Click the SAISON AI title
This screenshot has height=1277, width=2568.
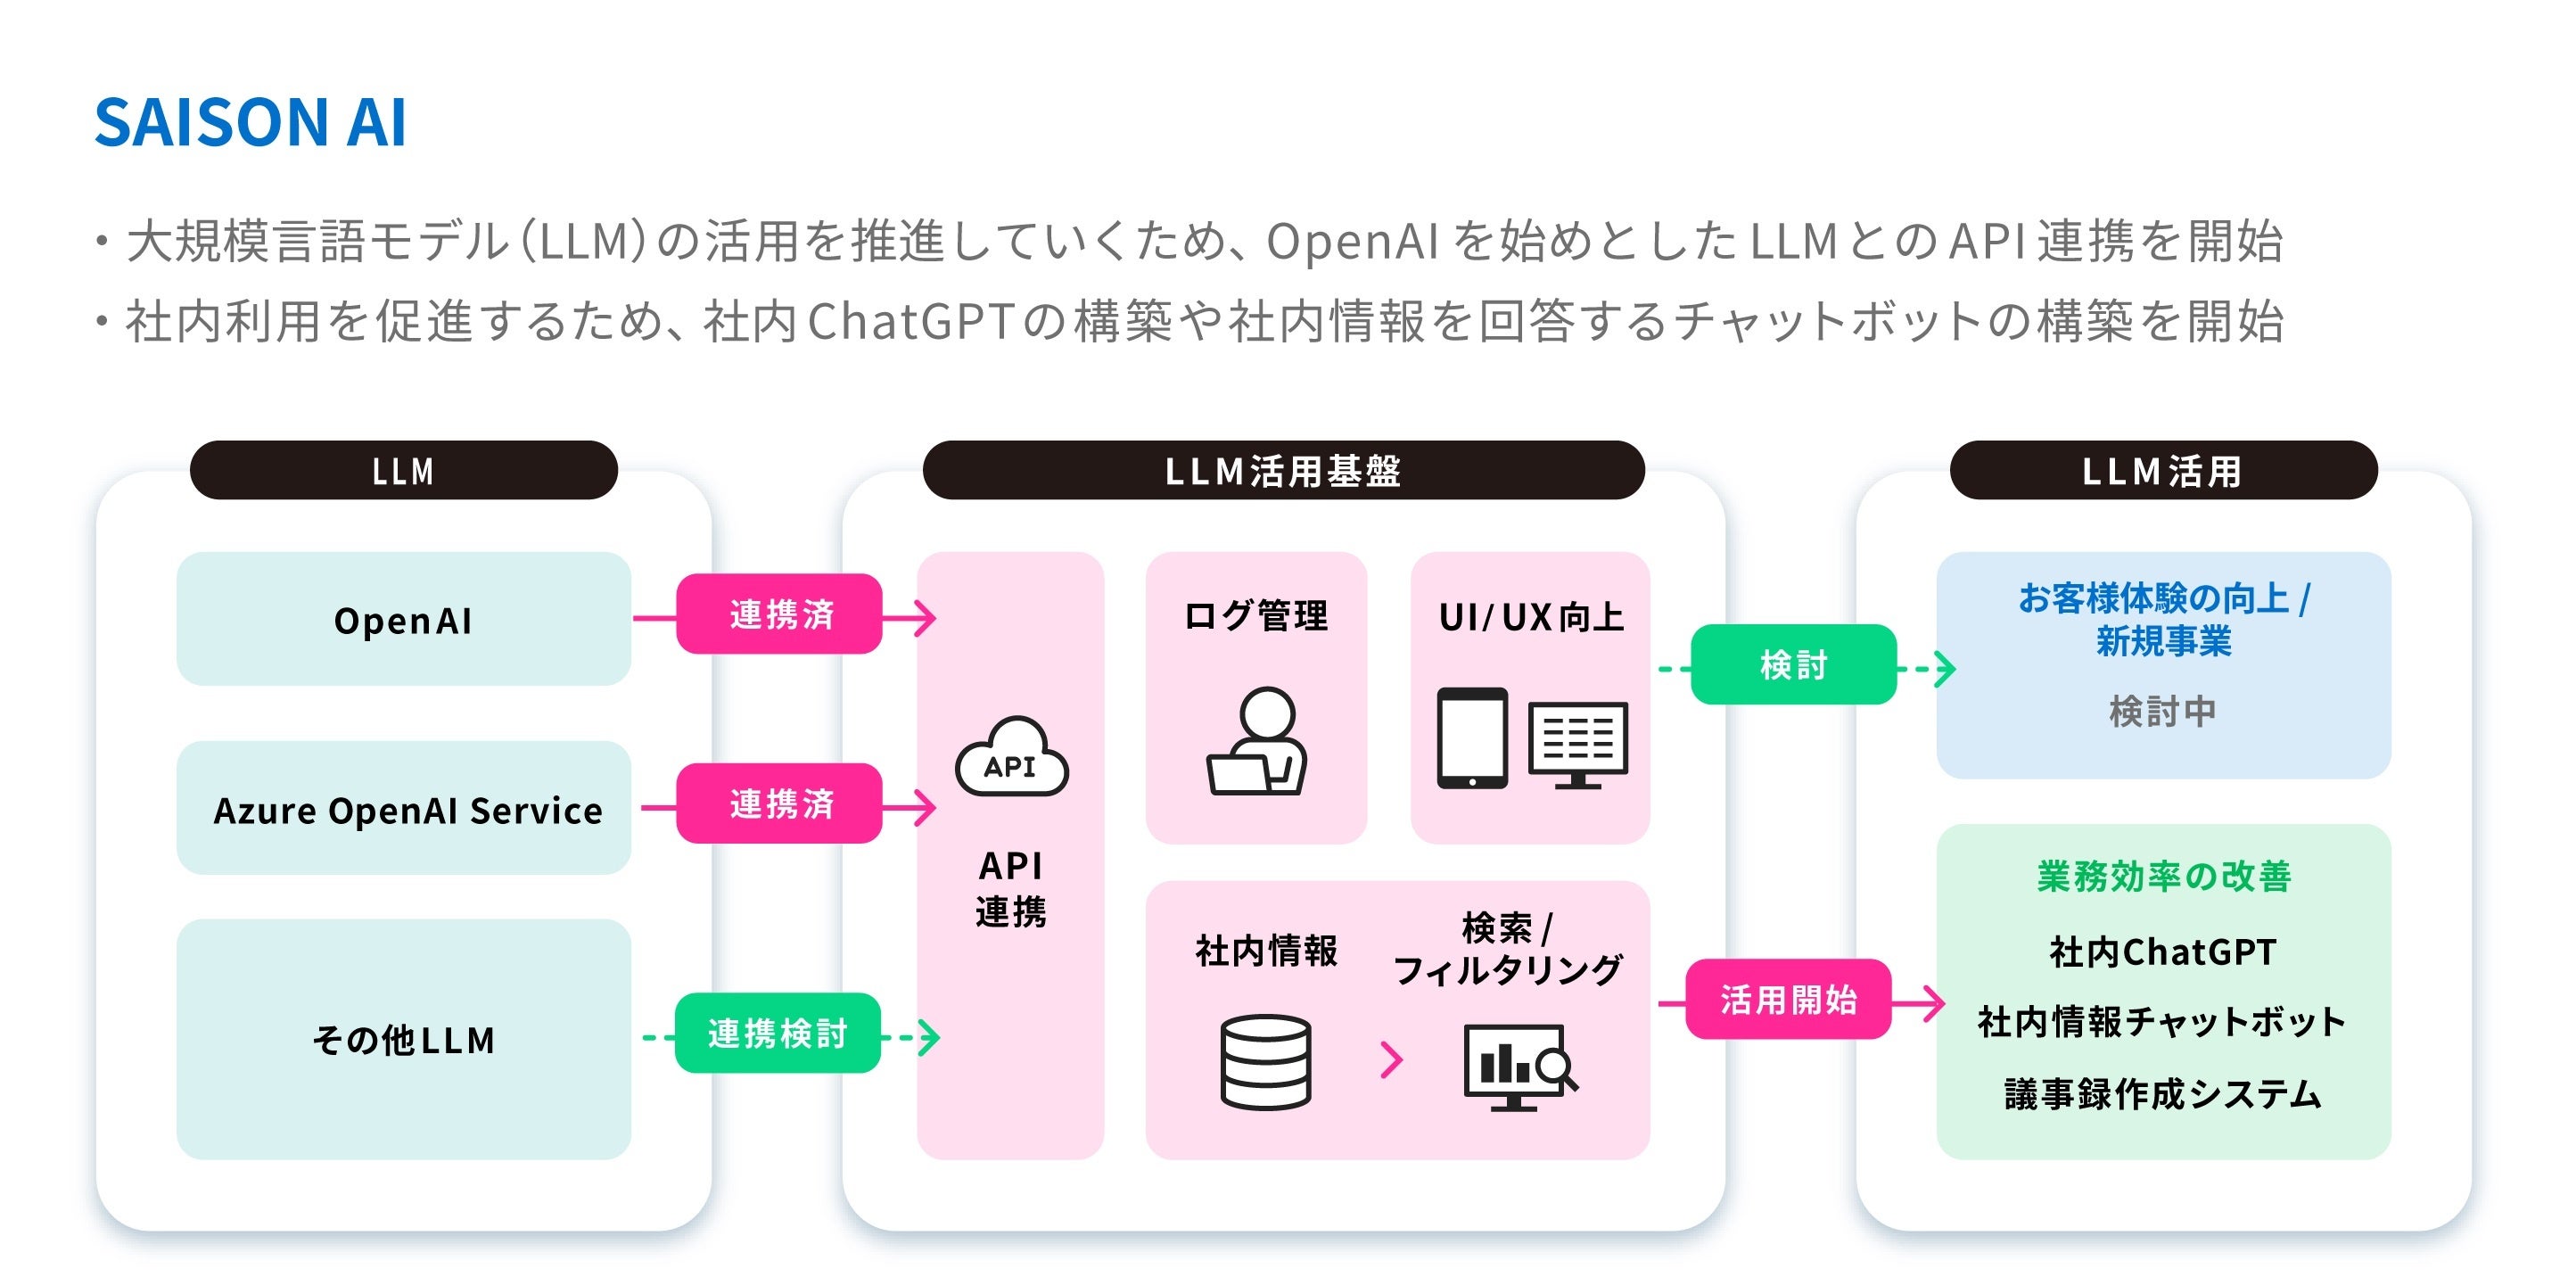click(251, 122)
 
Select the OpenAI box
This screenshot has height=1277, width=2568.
click(403, 619)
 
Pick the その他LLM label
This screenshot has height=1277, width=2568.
click(403, 1040)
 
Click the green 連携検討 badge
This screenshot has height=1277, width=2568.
click(778, 1033)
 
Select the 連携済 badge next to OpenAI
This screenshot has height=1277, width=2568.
click(779, 614)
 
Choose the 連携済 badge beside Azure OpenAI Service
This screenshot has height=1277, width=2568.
click(779, 803)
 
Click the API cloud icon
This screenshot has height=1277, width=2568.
click(1011, 759)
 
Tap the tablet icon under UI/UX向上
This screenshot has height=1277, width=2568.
click(1471, 737)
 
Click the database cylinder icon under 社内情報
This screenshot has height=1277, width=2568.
click(1265, 1062)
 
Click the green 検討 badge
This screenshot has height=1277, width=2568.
click(1793, 665)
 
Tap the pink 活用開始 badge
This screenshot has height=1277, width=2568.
click(1789, 999)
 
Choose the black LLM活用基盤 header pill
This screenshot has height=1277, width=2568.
click(1283, 471)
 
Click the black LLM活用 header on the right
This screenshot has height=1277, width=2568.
click(2162, 471)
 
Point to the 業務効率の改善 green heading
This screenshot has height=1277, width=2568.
click(2163, 877)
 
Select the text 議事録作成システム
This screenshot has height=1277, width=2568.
click(2163, 1093)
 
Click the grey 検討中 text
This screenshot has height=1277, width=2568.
click(2162, 711)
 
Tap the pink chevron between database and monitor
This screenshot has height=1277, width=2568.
click(1392, 1059)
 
